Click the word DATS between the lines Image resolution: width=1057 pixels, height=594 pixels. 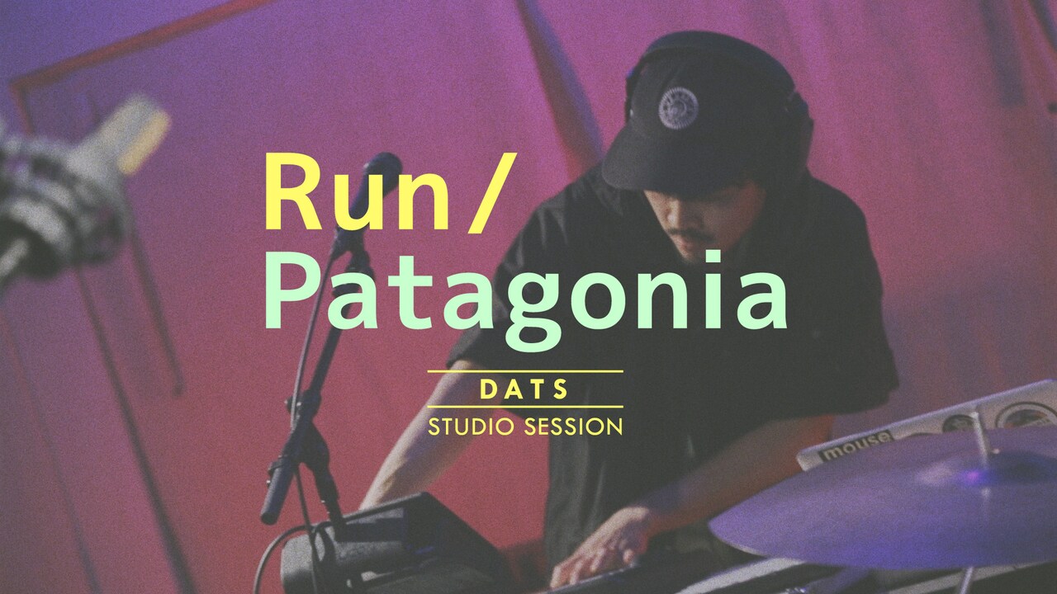(x=524, y=389)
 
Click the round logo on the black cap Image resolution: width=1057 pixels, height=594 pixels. (x=678, y=107)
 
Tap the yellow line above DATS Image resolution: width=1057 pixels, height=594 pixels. (x=524, y=372)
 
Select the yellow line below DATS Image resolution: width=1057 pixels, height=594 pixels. (x=524, y=407)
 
